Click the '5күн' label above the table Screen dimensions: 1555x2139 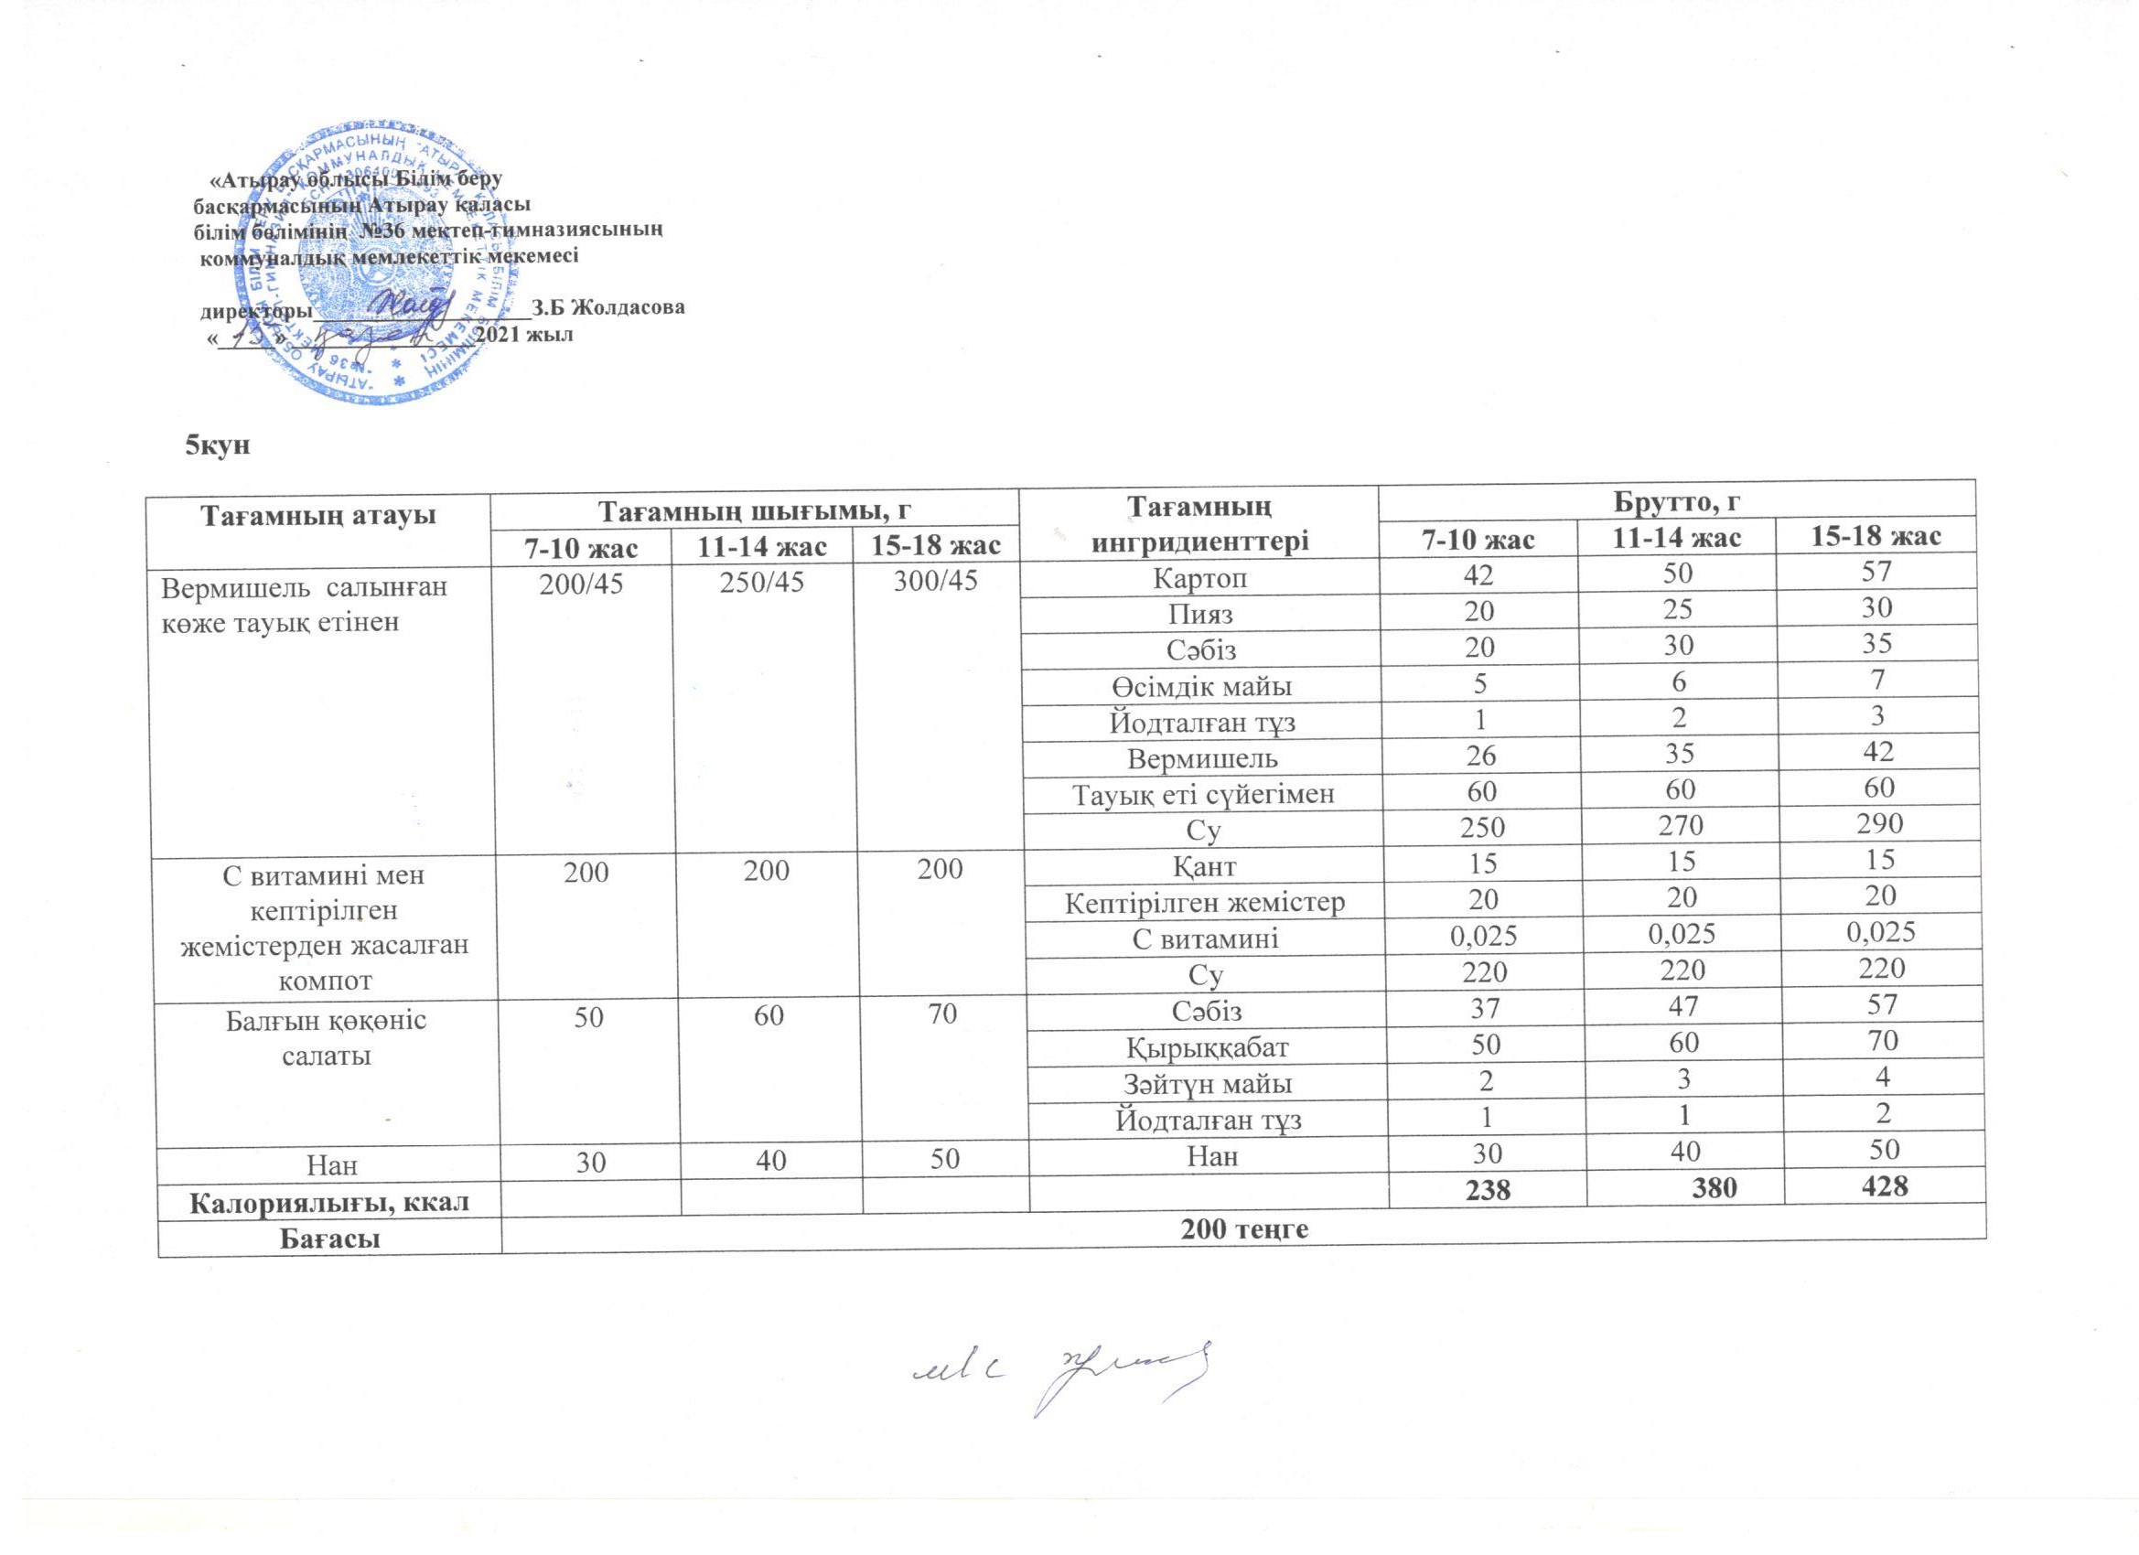pyautogui.click(x=216, y=446)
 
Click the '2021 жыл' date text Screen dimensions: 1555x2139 pyautogui.click(x=523, y=334)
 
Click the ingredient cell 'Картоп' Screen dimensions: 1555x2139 pyautogui.click(x=1199, y=577)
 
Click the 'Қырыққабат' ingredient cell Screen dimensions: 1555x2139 pyautogui.click(x=1209, y=1046)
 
